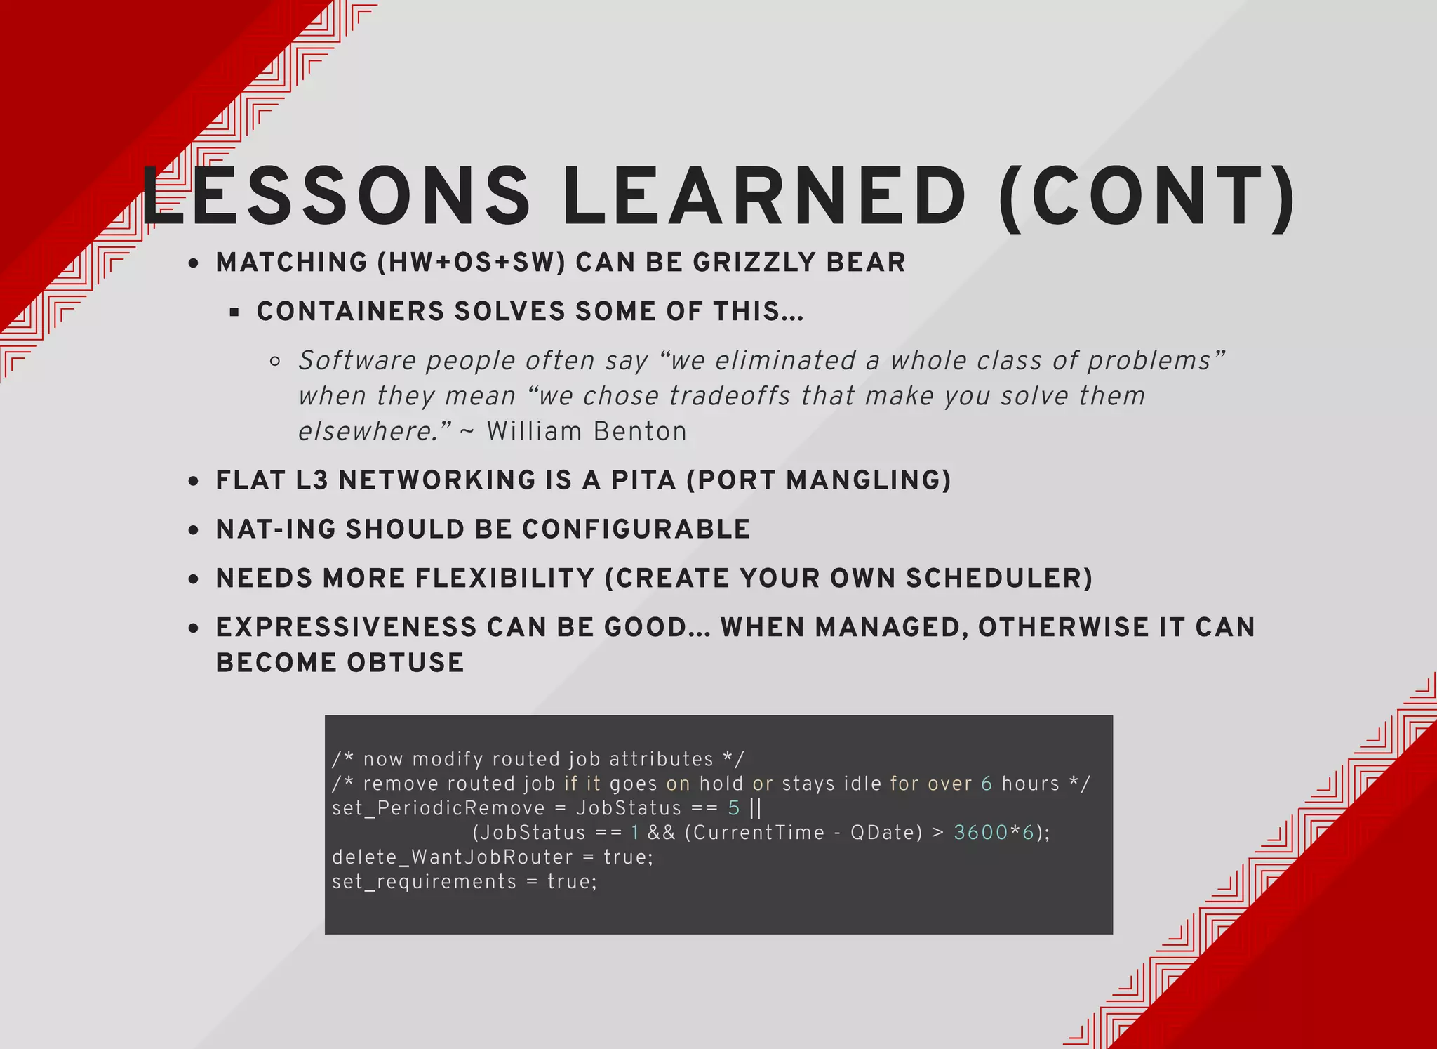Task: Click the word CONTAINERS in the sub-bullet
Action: pos(350,312)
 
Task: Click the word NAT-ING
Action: pos(276,529)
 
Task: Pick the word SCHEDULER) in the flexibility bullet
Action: pos(998,579)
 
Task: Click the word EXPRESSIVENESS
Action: pos(346,628)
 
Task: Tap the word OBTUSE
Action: pos(405,663)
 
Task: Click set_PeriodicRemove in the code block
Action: pos(438,808)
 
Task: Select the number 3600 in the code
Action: pos(980,833)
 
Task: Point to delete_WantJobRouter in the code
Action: pos(452,857)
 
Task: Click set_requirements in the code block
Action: pos(424,882)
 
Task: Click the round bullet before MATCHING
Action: pos(194,264)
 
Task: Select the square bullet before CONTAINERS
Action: pos(234,312)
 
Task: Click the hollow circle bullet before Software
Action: pos(275,362)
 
